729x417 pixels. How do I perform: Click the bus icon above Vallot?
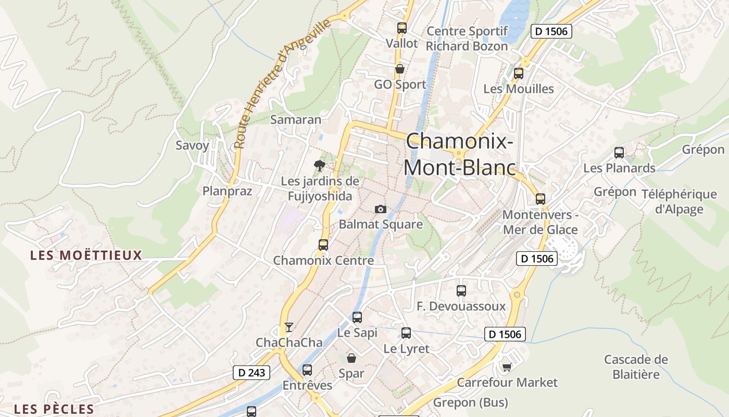tap(401, 28)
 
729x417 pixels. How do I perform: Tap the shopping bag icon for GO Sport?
tap(400, 69)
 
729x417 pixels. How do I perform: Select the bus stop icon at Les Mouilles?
tap(518, 73)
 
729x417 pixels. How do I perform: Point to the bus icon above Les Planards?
tap(619, 153)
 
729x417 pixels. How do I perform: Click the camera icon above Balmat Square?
tap(381, 209)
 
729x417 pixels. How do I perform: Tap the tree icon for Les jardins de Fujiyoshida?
tap(320, 166)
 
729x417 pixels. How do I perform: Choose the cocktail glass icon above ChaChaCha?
tap(289, 327)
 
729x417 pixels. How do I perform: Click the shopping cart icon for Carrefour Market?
tap(507, 367)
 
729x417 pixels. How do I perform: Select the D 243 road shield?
tap(251, 373)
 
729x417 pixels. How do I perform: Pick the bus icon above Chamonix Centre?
tap(323, 244)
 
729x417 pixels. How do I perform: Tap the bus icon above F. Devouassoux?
tap(461, 291)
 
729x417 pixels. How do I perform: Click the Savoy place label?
tap(192, 145)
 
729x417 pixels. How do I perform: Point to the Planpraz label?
tap(227, 191)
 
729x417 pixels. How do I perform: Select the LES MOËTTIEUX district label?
tap(86, 255)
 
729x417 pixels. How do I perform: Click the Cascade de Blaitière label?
tap(636, 367)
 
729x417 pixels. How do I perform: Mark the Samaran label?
tap(296, 119)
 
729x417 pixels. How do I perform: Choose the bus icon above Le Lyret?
tap(406, 333)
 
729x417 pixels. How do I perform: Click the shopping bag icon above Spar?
tap(351, 358)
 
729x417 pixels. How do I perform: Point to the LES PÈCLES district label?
tap(54, 409)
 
